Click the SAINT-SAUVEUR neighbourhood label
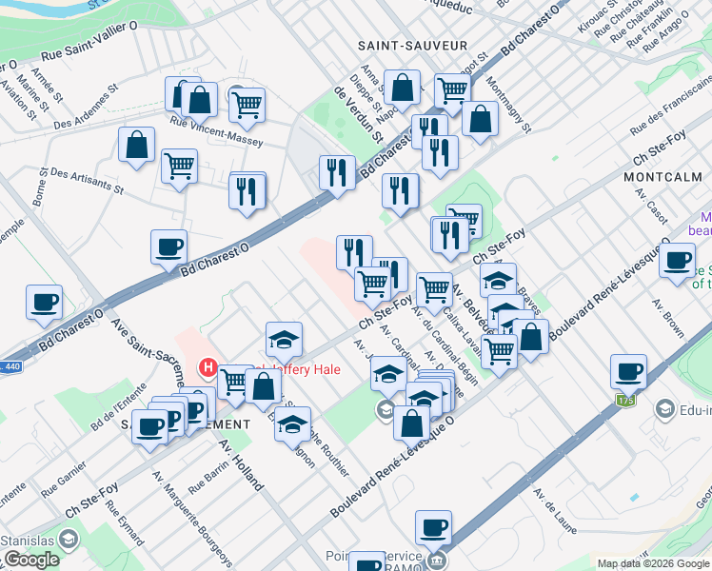[x=412, y=46]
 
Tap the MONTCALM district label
[x=663, y=178]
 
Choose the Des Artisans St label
[x=87, y=181]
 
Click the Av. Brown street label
[x=668, y=319]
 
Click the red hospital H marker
[x=208, y=367]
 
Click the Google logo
[x=31, y=560]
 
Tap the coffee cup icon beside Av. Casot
[x=677, y=260]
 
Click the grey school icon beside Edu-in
[x=664, y=408]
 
